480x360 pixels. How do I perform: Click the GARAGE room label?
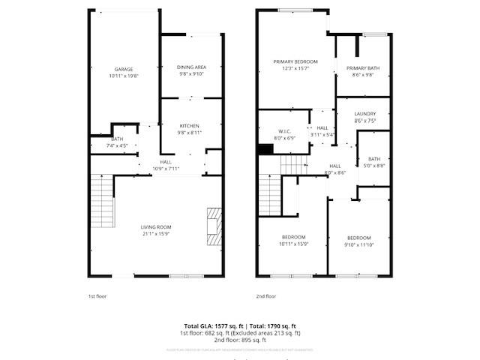click(x=124, y=69)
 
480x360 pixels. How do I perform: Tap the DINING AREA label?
click(x=192, y=67)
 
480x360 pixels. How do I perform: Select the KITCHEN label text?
click(x=189, y=125)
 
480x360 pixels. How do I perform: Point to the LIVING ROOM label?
click(x=157, y=226)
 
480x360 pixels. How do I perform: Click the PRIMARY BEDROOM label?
click(x=295, y=61)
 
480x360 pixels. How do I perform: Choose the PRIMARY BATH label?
click(x=363, y=68)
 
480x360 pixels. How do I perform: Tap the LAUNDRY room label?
click(x=366, y=114)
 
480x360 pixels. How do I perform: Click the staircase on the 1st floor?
click(x=101, y=199)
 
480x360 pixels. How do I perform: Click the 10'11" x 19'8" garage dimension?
click(x=124, y=75)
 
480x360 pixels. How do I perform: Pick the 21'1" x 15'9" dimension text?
click(x=157, y=232)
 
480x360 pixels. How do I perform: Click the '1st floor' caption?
click(x=97, y=296)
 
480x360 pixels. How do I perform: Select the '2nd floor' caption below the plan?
click(x=265, y=296)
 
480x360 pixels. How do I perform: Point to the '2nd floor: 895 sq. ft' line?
click(x=240, y=339)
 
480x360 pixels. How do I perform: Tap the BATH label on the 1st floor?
click(x=117, y=139)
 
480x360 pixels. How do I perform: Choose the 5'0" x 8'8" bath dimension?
click(x=375, y=165)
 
